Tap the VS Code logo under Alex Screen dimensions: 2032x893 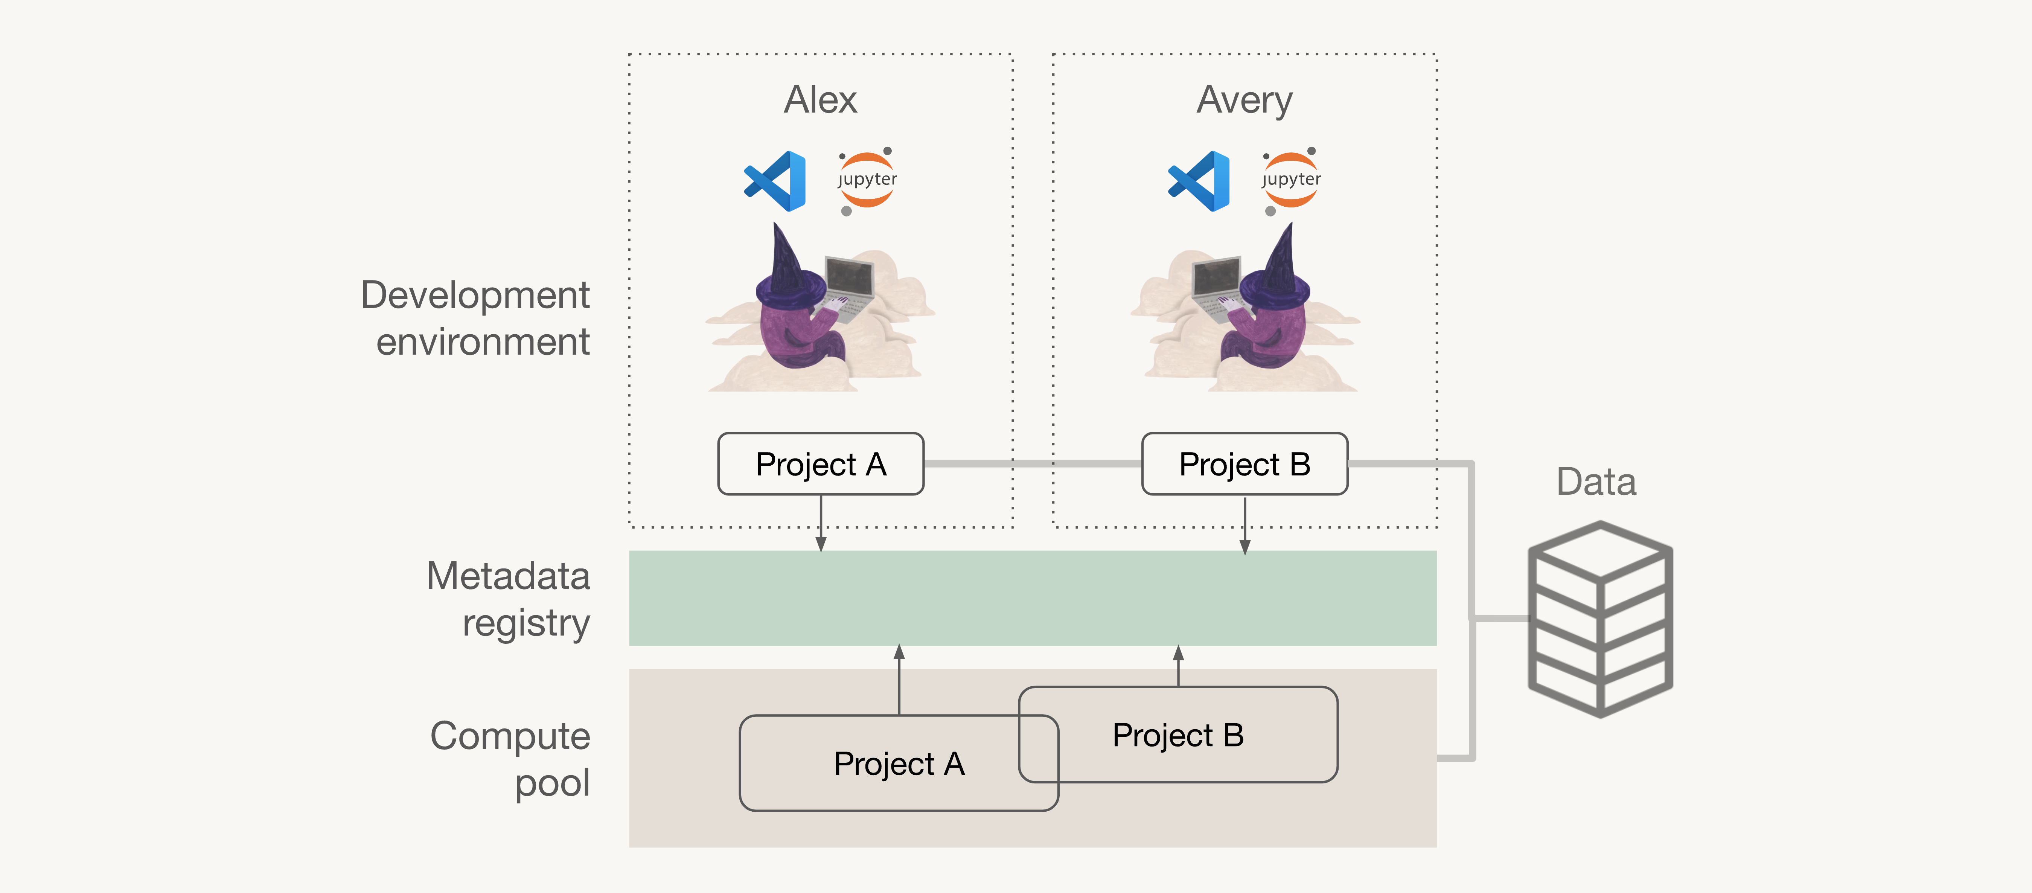(x=775, y=181)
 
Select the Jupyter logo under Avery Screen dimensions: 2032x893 (x=1290, y=181)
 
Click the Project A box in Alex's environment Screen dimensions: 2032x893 (x=820, y=464)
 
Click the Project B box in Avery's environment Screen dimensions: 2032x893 (x=1245, y=464)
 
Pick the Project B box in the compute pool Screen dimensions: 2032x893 (x=1179, y=735)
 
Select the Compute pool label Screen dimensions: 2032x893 (x=510, y=759)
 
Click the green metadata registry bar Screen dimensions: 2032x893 (x=1033, y=598)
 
